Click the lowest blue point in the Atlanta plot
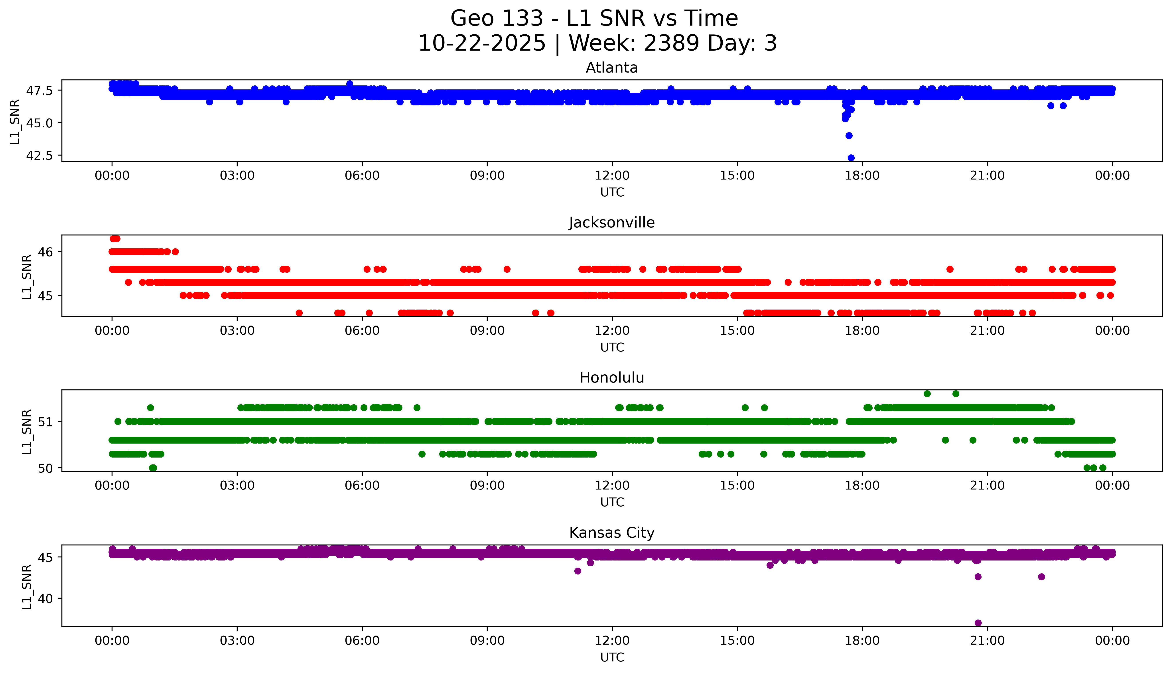(851, 158)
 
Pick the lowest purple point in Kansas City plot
(978, 623)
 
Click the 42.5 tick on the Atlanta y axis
(40, 155)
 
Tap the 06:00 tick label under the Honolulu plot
(362, 485)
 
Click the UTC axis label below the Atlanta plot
(612, 192)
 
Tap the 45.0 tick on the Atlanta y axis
(40, 123)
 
